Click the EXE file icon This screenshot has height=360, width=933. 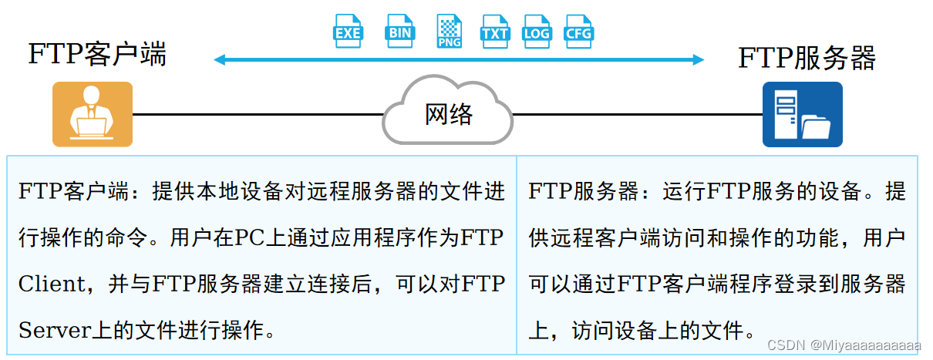pyautogui.click(x=348, y=31)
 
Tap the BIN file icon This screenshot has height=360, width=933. pyautogui.click(x=400, y=31)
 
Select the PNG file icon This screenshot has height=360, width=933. pyautogui.click(x=449, y=32)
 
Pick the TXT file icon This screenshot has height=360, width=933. pyautogui.click(x=493, y=31)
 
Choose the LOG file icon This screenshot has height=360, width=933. pyautogui.click(x=536, y=31)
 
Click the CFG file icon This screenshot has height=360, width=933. pyautogui.click(x=578, y=31)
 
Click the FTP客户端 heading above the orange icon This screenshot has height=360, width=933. pyautogui.click(x=97, y=55)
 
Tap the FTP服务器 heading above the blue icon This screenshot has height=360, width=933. pyautogui.click(x=807, y=58)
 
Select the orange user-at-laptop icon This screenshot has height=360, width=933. pyautogui.click(x=93, y=114)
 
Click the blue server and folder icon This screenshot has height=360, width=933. pyautogui.click(x=802, y=114)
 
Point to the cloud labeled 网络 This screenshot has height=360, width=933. pyautogui.click(x=448, y=113)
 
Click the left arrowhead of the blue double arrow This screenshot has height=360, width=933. pyautogui.click(x=219, y=59)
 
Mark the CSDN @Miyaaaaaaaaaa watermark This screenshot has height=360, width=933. pyautogui.click(x=845, y=344)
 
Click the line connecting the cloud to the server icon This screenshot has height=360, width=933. pyautogui.click(x=637, y=114)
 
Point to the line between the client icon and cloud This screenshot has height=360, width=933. pyautogui.click(x=258, y=114)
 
